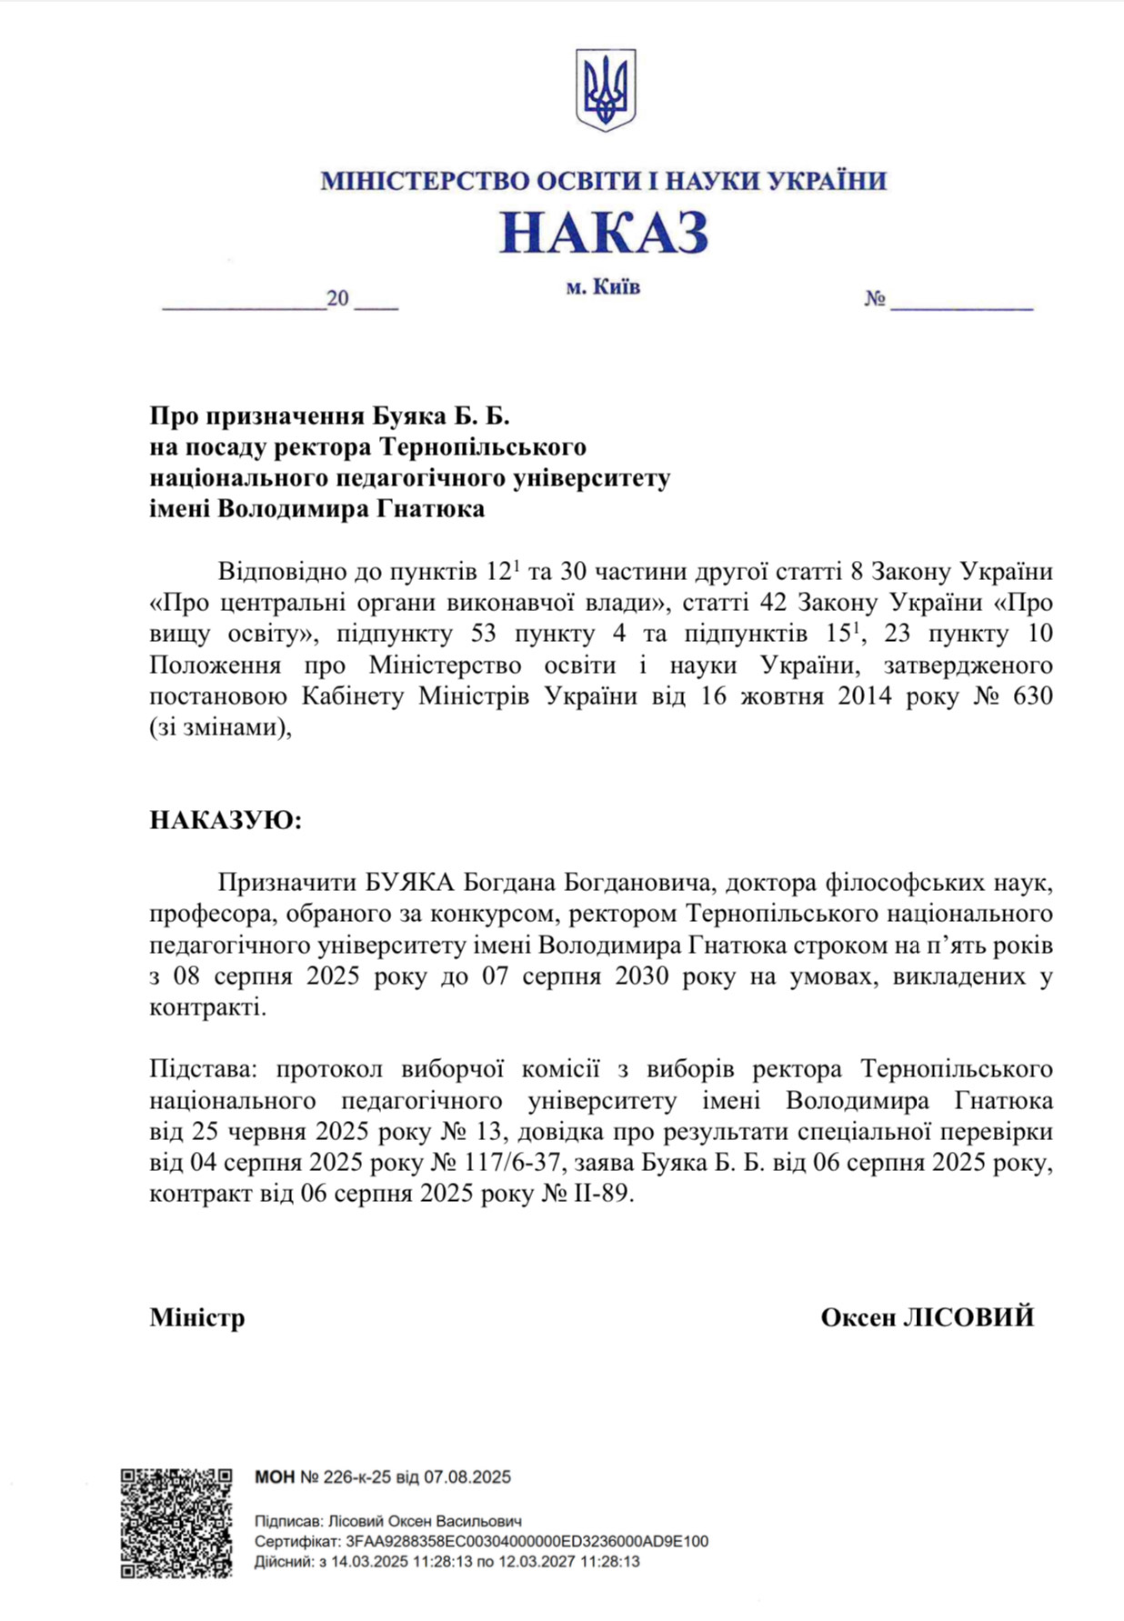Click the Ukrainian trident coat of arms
(605, 89)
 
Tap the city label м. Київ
(602, 287)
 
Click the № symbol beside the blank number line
(875, 299)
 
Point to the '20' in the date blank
(337, 299)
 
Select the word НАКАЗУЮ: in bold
(225, 820)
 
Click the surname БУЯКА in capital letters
(408, 882)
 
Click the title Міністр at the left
(197, 1317)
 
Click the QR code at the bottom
(176, 1523)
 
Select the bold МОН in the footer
(275, 1477)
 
